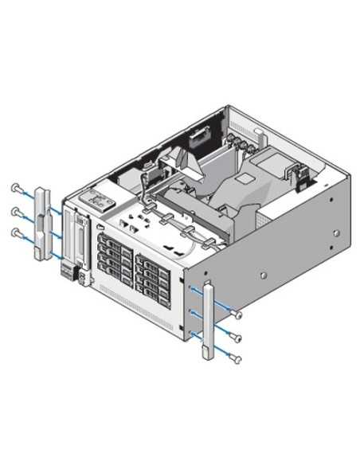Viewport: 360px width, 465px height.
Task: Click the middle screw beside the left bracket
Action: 15,210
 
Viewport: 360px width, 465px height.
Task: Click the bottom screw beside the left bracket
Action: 15,232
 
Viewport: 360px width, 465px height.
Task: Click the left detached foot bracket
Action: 42,224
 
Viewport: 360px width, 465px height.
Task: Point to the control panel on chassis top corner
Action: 96,197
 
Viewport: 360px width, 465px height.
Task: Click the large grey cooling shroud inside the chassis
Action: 231,191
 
